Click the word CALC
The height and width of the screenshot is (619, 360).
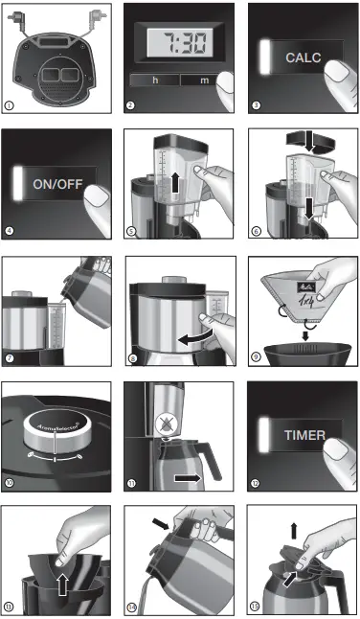click(303, 57)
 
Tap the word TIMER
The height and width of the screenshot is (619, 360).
click(303, 434)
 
